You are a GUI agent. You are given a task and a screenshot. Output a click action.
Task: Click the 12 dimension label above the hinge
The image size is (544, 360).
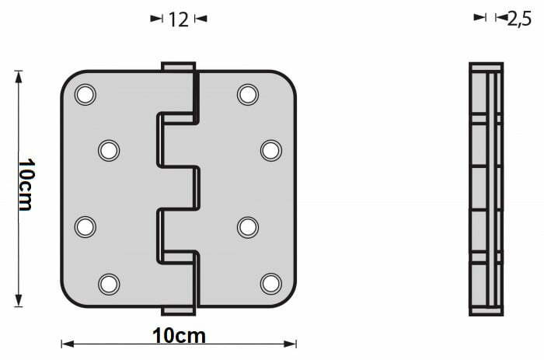(x=178, y=19)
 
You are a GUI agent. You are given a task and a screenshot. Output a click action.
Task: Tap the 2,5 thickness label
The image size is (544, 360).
(x=519, y=19)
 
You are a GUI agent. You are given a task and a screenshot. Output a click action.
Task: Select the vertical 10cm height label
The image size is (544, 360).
(x=26, y=185)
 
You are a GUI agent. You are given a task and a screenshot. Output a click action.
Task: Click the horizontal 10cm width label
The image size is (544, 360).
(x=179, y=336)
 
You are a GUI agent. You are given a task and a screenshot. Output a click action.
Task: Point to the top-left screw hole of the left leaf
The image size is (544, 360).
(x=85, y=94)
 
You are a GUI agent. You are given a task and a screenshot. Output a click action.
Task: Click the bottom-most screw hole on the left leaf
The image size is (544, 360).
(x=109, y=284)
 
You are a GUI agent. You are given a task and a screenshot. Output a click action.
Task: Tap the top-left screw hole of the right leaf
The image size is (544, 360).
(x=248, y=94)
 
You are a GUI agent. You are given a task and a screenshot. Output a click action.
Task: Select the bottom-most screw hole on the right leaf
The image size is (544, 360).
(x=271, y=284)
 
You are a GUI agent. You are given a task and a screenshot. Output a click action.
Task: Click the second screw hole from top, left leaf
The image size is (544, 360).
(x=109, y=150)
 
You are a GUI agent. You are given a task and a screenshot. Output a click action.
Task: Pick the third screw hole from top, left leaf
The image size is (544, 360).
(x=85, y=227)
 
